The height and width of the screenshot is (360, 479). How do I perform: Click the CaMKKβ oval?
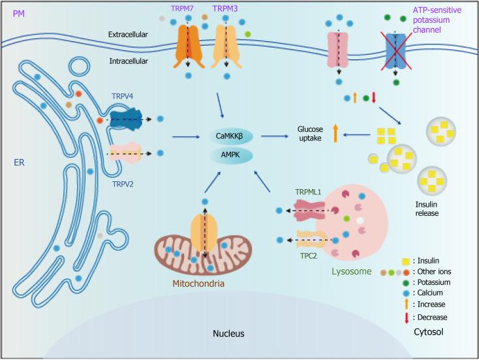(x=232, y=136)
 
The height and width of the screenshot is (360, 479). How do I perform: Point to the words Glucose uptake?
(x=310, y=133)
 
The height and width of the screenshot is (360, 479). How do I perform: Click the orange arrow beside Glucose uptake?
(x=335, y=134)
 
